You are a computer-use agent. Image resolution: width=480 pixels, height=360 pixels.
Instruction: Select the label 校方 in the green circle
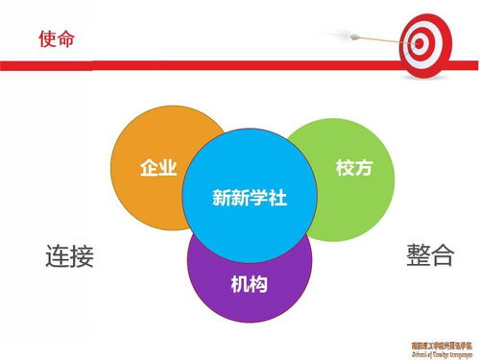352,167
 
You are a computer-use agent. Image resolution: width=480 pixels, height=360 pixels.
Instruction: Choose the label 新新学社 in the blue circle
250,199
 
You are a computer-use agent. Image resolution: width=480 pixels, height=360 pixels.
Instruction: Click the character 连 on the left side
58,256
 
